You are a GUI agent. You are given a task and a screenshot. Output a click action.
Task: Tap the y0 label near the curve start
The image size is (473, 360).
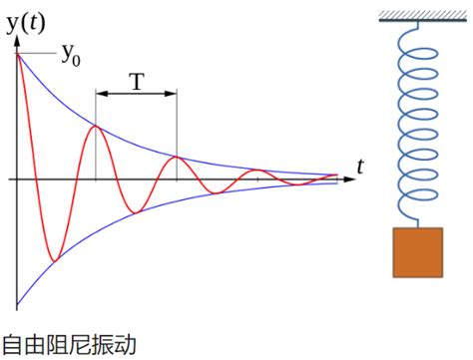[x=71, y=57]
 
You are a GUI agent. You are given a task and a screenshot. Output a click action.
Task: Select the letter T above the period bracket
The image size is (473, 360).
[x=137, y=83]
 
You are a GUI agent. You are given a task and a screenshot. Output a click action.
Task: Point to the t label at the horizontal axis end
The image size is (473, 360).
[x=360, y=166]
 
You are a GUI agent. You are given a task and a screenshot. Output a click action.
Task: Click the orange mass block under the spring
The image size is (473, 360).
[x=417, y=252]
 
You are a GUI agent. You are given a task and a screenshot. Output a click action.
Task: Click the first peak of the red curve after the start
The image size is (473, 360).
[x=95, y=126]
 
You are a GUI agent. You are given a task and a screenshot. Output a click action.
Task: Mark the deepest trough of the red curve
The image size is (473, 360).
[x=54, y=261]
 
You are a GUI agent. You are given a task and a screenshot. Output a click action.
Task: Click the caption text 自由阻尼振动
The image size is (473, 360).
[x=68, y=345]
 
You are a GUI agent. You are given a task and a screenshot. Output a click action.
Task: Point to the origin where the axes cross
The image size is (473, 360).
[x=17, y=180]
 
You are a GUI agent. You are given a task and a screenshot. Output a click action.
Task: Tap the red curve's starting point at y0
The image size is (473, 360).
[x=17, y=52]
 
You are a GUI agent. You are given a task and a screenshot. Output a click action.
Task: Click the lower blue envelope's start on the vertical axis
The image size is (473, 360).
[x=17, y=305]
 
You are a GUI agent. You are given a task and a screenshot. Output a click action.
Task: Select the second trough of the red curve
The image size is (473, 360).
[x=136, y=211]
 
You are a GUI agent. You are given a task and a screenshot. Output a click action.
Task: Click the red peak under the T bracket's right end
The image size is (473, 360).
[x=177, y=157]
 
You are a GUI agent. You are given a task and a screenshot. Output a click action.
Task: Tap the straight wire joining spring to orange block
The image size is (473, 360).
[x=417, y=217]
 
